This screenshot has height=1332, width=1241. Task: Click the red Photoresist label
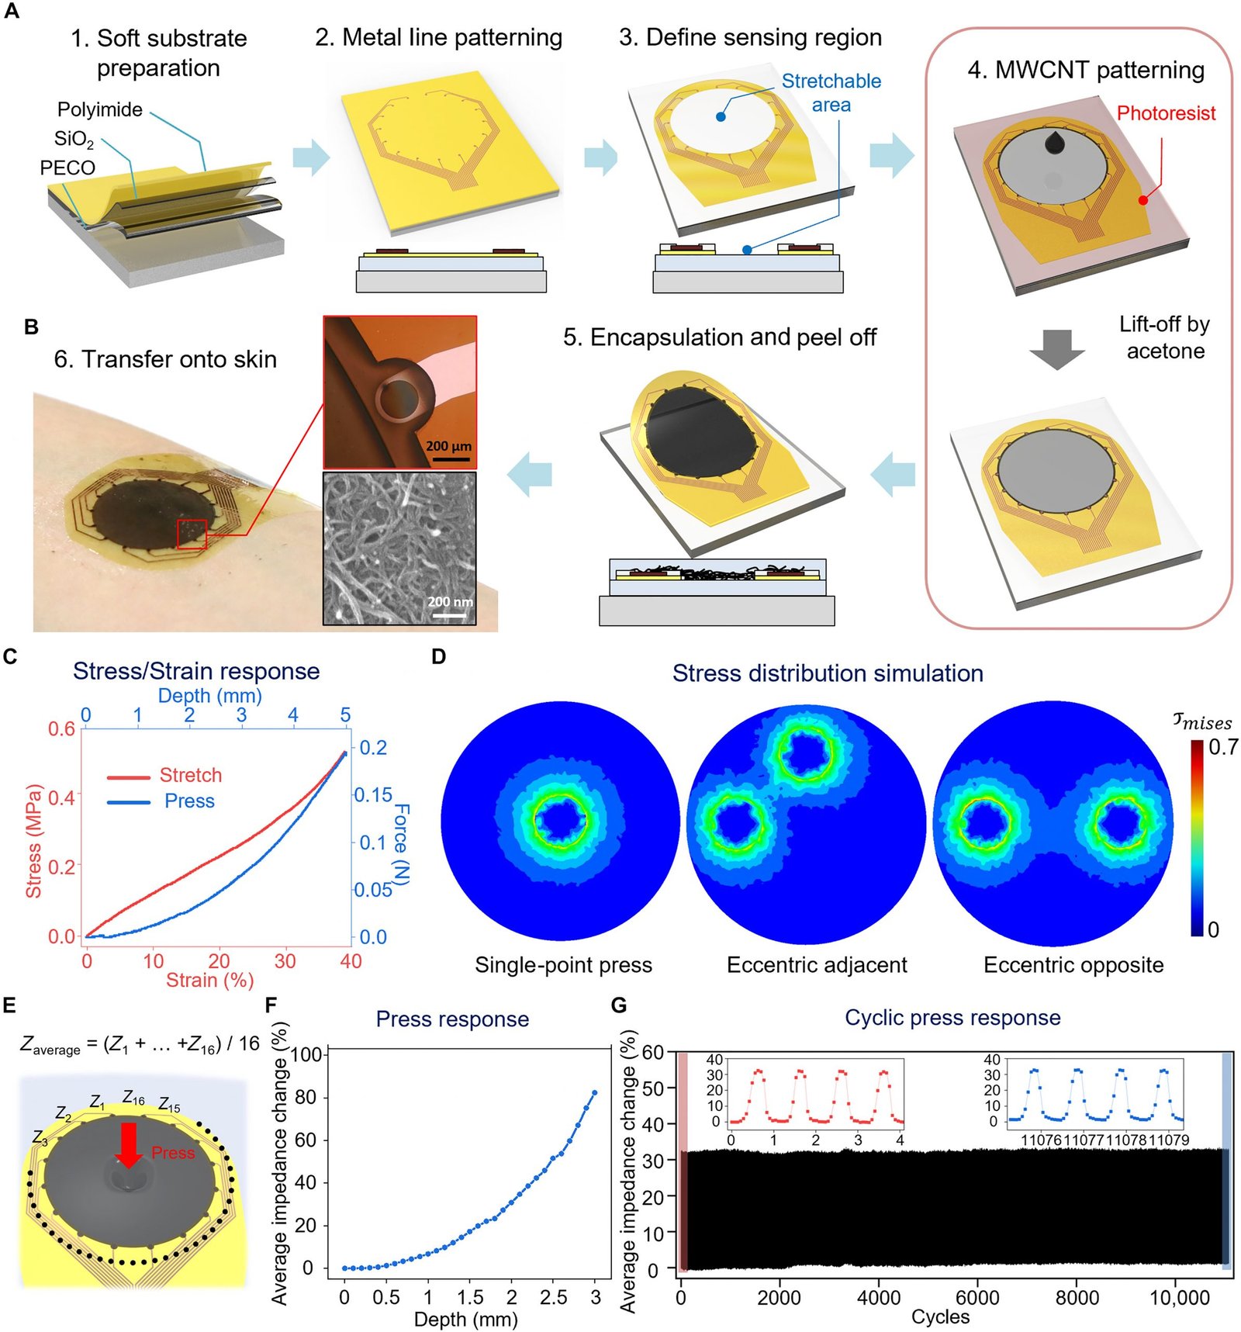1165,113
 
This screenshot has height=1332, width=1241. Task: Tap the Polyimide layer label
100,109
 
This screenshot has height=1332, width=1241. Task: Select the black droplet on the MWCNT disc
1054,142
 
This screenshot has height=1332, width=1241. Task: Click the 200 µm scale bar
450,459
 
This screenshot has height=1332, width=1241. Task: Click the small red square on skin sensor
192,534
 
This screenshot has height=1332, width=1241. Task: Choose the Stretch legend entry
190,775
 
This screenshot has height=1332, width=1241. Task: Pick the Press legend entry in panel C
188,801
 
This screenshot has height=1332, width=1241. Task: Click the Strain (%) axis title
209,980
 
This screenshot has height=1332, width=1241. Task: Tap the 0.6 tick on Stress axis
62,728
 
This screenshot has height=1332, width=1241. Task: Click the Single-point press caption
563,964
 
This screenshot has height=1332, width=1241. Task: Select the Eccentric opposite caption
1073,964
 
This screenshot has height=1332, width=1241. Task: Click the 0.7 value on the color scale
1222,747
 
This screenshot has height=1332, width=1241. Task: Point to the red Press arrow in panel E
129,1144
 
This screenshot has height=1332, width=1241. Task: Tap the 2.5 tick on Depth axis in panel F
553,1297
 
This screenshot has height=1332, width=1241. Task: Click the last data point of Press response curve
595,1092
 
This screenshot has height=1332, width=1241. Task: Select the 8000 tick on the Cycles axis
1077,1297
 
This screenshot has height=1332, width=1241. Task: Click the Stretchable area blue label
831,92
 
